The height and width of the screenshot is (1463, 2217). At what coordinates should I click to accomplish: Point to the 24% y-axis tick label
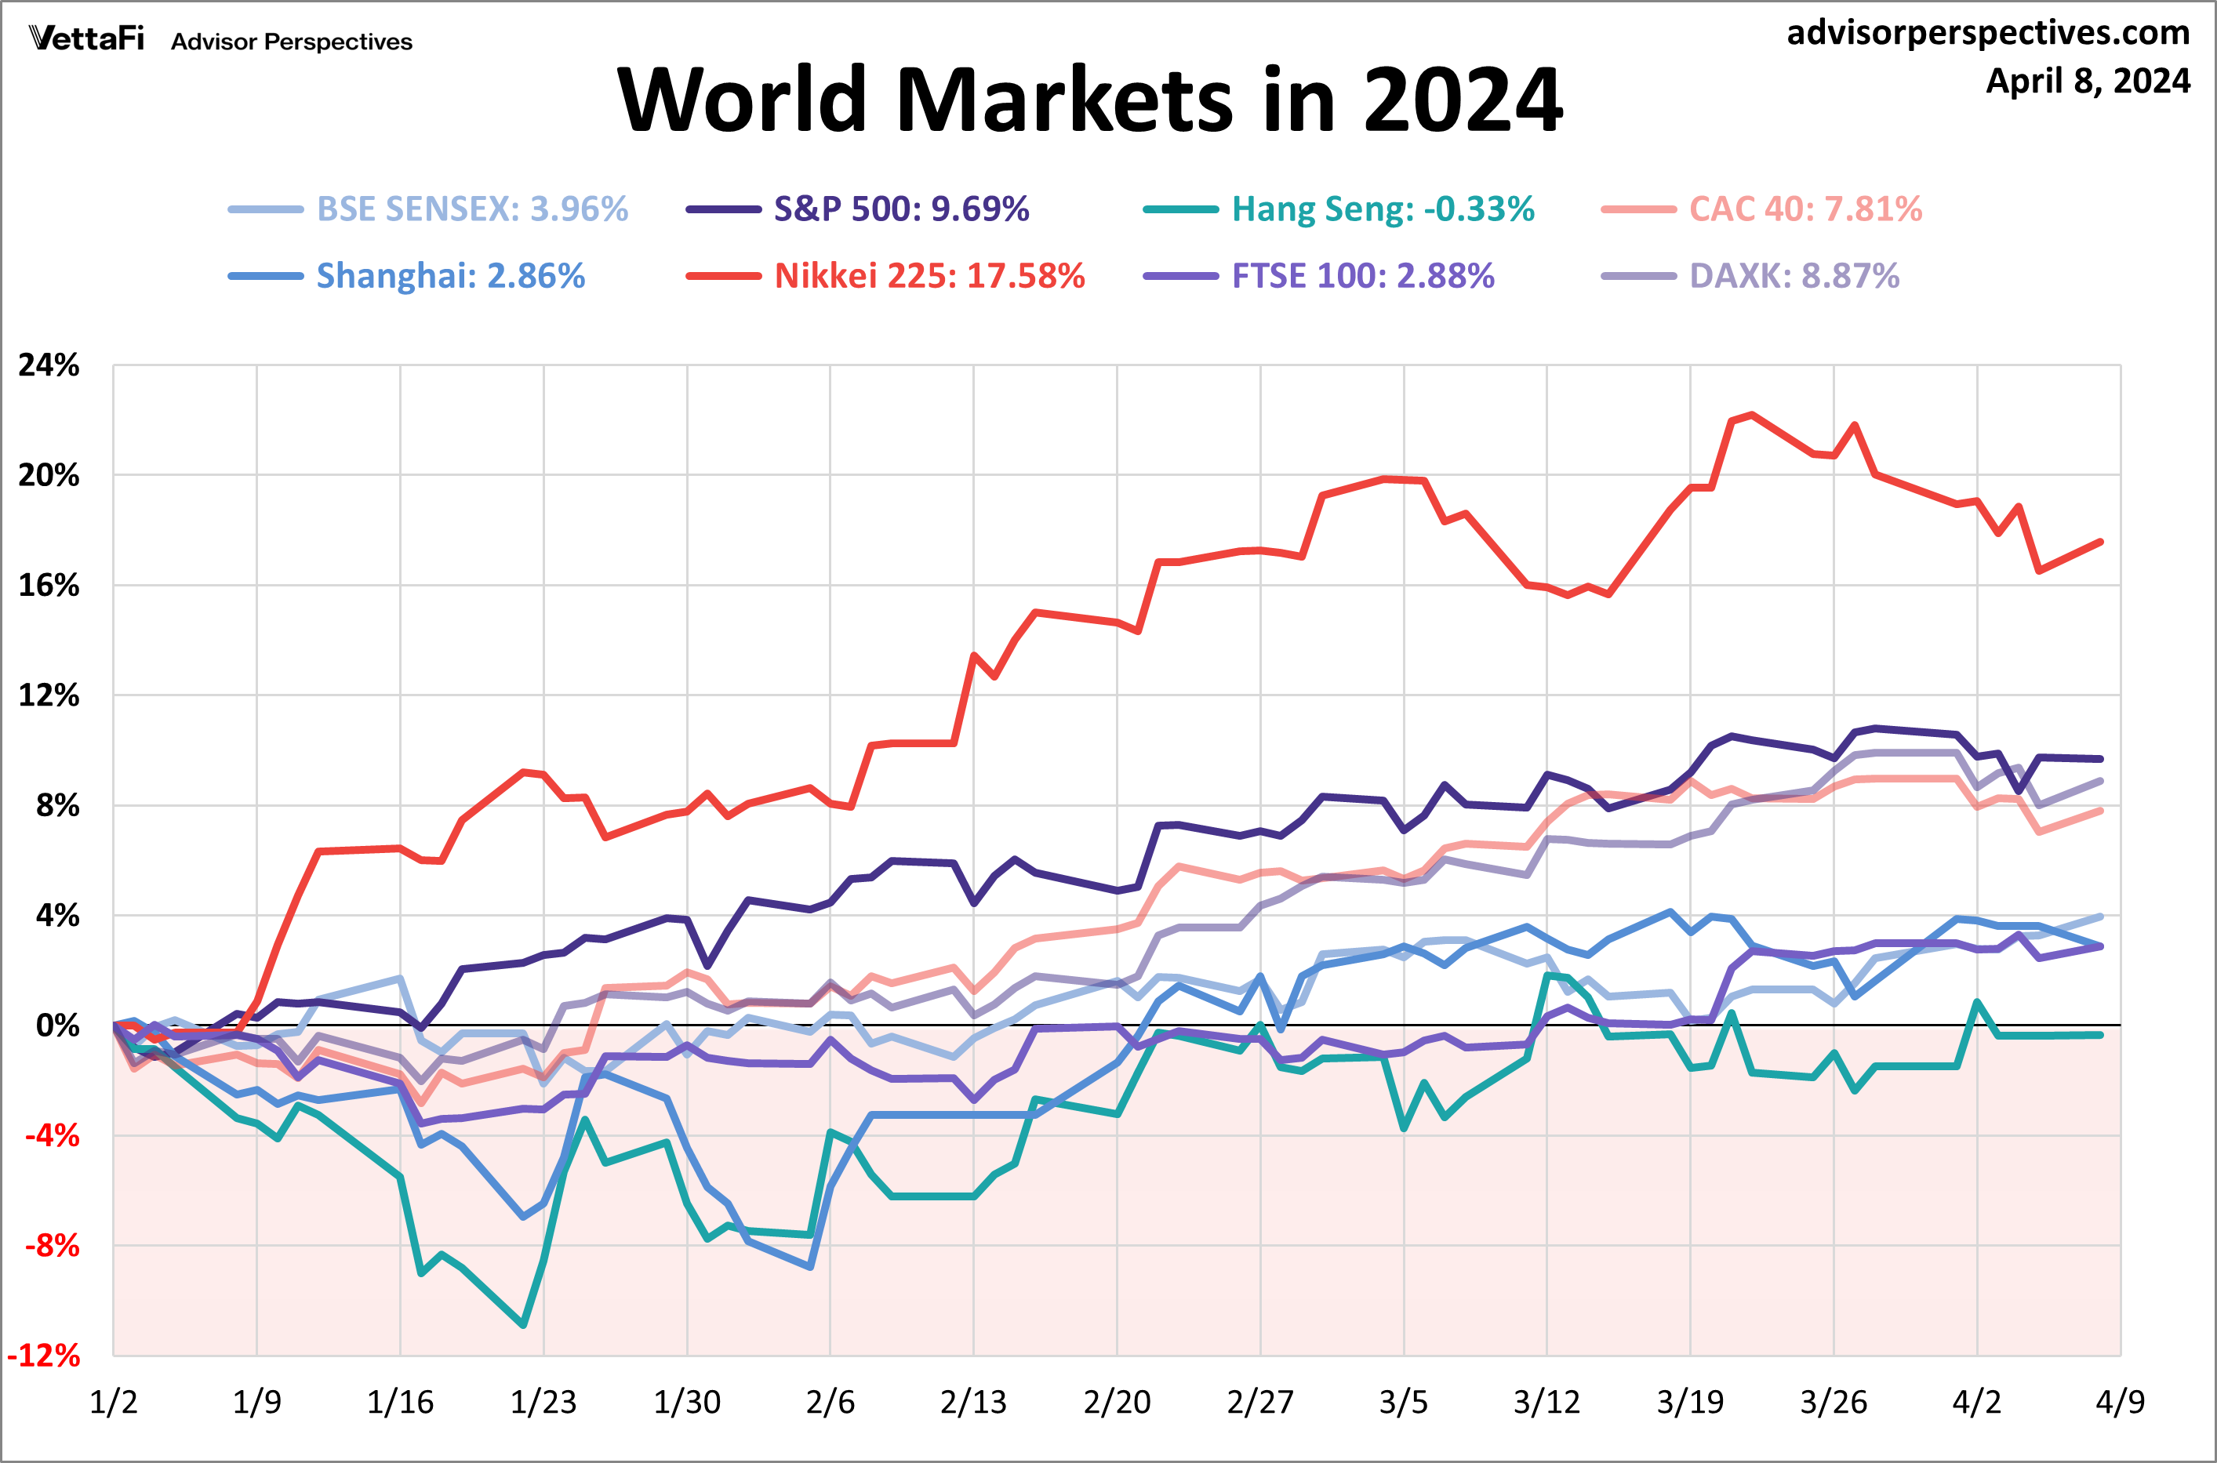(x=49, y=365)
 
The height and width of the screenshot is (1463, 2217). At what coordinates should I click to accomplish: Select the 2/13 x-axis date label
(x=973, y=1401)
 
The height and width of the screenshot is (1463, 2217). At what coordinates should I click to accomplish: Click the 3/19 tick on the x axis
(x=1690, y=1401)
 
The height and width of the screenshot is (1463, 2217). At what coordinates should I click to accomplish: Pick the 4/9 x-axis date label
(x=2120, y=1401)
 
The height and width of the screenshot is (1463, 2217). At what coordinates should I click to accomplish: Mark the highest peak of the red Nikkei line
(x=1751, y=414)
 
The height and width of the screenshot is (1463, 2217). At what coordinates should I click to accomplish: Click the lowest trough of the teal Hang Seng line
(x=523, y=1325)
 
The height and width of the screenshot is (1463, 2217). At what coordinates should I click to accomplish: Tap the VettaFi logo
(x=87, y=38)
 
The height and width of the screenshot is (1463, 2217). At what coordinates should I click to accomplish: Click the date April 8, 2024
(x=2088, y=82)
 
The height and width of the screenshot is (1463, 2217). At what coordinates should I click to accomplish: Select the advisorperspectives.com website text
(x=1987, y=33)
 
